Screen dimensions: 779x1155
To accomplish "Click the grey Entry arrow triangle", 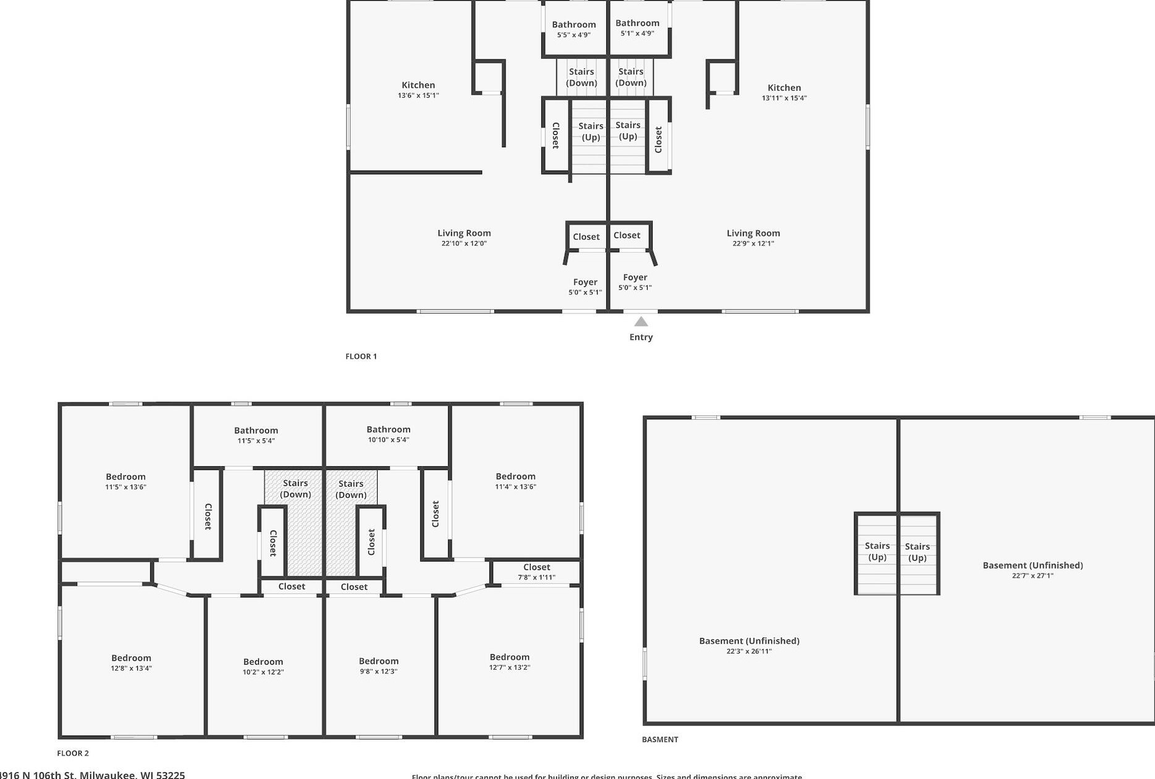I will click(641, 321).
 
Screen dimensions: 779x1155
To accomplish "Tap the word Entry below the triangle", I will click(641, 337).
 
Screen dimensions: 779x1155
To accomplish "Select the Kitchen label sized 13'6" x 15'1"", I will click(418, 85).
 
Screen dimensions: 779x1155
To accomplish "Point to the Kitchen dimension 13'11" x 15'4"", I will click(784, 98).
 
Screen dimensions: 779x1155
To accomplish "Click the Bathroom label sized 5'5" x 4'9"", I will click(573, 25).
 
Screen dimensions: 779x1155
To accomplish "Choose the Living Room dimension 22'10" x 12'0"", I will click(464, 244).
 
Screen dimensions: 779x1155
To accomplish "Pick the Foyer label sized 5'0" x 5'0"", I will click(585, 283).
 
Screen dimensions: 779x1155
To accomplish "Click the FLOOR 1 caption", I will click(361, 356).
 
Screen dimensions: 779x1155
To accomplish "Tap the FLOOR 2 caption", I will click(73, 753).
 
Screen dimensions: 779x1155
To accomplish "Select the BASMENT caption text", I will click(659, 739).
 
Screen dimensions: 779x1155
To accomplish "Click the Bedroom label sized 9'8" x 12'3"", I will click(378, 661).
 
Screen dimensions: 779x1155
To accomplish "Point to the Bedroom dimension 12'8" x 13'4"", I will click(131, 668).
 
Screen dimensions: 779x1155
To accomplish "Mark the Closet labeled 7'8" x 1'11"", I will click(536, 567).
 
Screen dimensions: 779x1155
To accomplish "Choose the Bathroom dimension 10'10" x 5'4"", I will click(388, 440).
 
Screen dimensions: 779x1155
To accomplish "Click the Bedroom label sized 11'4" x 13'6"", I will click(515, 476).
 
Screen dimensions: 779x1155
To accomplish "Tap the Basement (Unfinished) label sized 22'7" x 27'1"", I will click(1033, 565).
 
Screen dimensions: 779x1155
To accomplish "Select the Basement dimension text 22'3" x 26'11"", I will click(749, 651).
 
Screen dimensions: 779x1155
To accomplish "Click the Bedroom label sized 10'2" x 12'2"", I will click(263, 662).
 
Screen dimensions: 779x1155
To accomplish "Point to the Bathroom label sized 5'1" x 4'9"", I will click(637, 23).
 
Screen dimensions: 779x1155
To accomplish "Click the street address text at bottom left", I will click(93, 775).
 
